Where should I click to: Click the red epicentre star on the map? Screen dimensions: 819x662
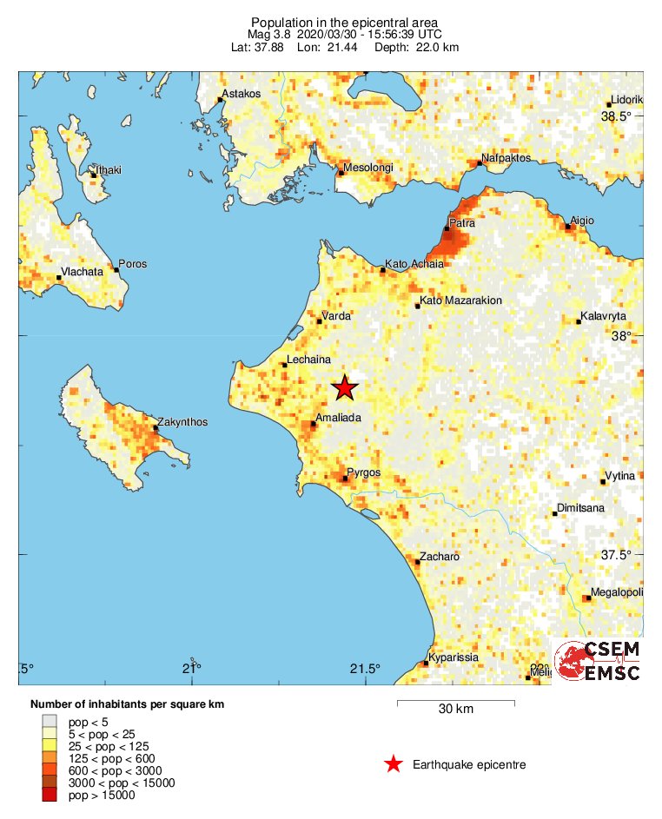click(x=346, y=388)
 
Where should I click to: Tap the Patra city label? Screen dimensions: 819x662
click(x=461, y=223)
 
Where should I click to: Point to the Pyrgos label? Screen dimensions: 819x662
click(x=364, y=473)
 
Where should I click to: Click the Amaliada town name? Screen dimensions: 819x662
click(x=339, y=418)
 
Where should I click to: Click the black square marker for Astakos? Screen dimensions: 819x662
click(x=220, y=100)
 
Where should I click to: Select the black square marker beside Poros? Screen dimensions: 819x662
click(x=116, y=269)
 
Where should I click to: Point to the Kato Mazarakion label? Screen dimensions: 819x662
click(x=460, y=301)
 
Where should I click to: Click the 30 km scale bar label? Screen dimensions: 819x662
click(x=455, y=710)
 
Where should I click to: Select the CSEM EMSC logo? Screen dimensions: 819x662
click(x=599, y=662)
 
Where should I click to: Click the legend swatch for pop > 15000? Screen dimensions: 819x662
click(x=50, y=795)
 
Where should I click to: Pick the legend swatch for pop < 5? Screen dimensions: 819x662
click(x=50, y=722)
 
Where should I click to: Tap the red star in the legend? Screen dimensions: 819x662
click(x=394, y=764)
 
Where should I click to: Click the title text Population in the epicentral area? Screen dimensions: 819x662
click(x=344, y=22)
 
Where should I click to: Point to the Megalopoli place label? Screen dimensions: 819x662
click(x=617, y=592)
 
